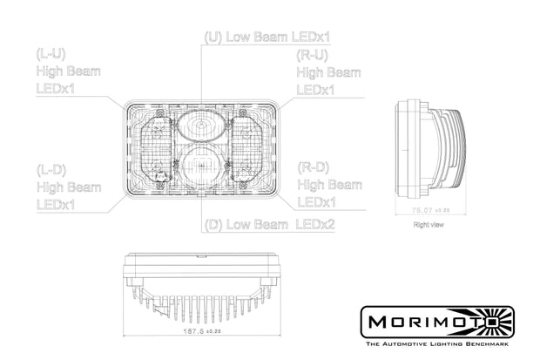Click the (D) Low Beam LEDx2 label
(270, 225)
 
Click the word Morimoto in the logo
(427, 321)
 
